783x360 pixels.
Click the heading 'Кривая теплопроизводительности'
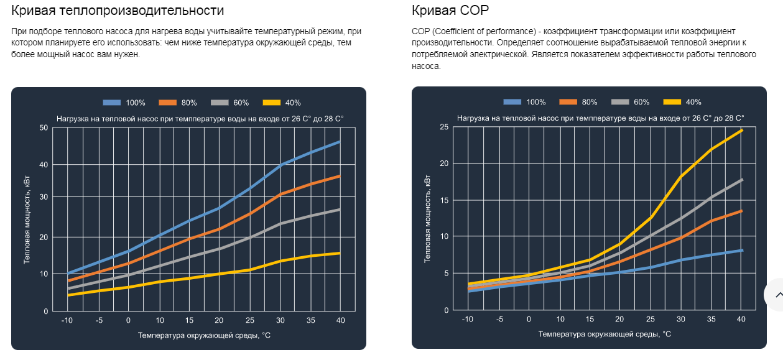pyautogui.click(x=118, y=11)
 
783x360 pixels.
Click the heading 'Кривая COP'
pyautogui.click(x=450, y=11)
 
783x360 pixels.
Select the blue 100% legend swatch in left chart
pyautogui.click(x=114, y=103)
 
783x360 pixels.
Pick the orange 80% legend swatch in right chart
pyautogui.click(x=568, y=102)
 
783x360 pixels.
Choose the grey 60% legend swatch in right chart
pyautogui.click(x=621, y=102)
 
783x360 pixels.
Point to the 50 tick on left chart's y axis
pyautogui.click(x=43, y=128)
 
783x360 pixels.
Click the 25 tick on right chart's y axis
pyautogui.click(x=443, y=127)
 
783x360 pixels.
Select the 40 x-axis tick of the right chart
pyautogui.click(x=740, y=320)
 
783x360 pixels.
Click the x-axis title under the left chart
pyautogui.click(x=204, y=335)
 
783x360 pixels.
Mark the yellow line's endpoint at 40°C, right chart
pyautogui.click(x=741, y=130)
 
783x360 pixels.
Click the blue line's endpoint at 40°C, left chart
pyautogui.click(x=340, y=142)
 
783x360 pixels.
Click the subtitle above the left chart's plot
pyautogui.click(x=200, y=118)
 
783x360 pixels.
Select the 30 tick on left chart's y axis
pyautogui.click(x=43, y=197)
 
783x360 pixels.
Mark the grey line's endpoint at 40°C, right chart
pyautogui.click(x=741, y=180)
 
